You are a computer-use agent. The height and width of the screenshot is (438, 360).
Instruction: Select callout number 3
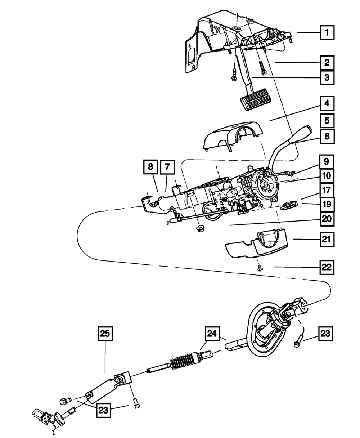click(327, 77)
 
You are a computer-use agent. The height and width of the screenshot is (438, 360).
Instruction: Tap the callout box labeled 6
click(327, 137)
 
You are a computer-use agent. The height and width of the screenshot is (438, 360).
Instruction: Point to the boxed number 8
click(150, 167)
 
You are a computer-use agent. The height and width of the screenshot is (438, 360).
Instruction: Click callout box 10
click(327, 176)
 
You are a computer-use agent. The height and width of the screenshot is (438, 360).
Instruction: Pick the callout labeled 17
click(327, 190)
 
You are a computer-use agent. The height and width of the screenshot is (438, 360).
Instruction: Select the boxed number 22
click(327, 268)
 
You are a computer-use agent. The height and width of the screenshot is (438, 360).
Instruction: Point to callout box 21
click(327, 239)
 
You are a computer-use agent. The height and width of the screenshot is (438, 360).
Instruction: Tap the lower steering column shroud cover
click(257, 245)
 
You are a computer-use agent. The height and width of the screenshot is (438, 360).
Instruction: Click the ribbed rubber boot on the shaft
click(181, 363)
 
